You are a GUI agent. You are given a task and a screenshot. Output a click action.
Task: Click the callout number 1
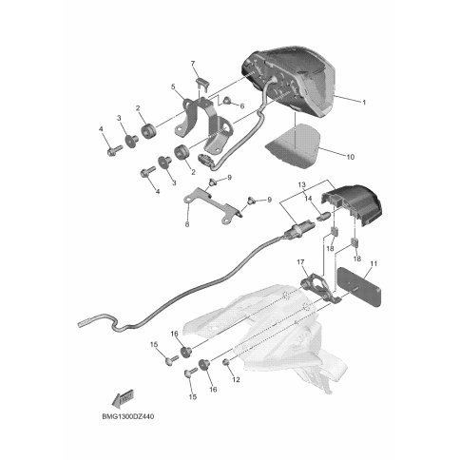coord(364,103)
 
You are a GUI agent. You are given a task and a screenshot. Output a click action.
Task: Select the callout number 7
coord(193,64)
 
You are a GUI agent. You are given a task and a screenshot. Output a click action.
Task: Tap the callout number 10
coord(351,157)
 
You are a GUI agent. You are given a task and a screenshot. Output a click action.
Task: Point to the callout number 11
coord(374,263)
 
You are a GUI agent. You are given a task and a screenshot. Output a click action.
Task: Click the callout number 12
coord(236,379)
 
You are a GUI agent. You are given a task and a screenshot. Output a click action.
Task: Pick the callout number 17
coord(300,262)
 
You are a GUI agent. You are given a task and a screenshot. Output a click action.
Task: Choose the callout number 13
coord(302,184)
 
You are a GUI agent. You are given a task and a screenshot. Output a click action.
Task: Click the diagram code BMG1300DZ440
coord(128,416)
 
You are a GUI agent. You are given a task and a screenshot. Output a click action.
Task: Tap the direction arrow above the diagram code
coord(124,397)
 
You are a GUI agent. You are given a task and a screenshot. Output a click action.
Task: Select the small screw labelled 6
coord(227,101)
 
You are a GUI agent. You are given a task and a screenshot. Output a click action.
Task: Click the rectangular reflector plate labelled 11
coord(359,287)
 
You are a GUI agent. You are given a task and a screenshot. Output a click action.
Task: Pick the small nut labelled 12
coord(227,362)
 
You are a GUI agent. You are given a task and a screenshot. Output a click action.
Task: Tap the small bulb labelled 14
coord(323,217)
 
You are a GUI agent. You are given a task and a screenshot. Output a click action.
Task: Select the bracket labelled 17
coord(316,285)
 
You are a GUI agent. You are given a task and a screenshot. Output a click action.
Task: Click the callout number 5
coord(173,86)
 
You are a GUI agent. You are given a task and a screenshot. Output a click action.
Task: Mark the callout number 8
coord(187,224)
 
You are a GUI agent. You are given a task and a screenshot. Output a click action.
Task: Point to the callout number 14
coord(308,199)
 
